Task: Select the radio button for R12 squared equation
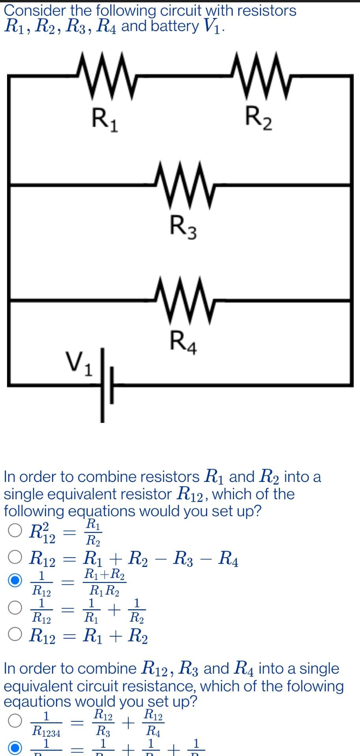[15, 530]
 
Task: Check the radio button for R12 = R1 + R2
[15, 634]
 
